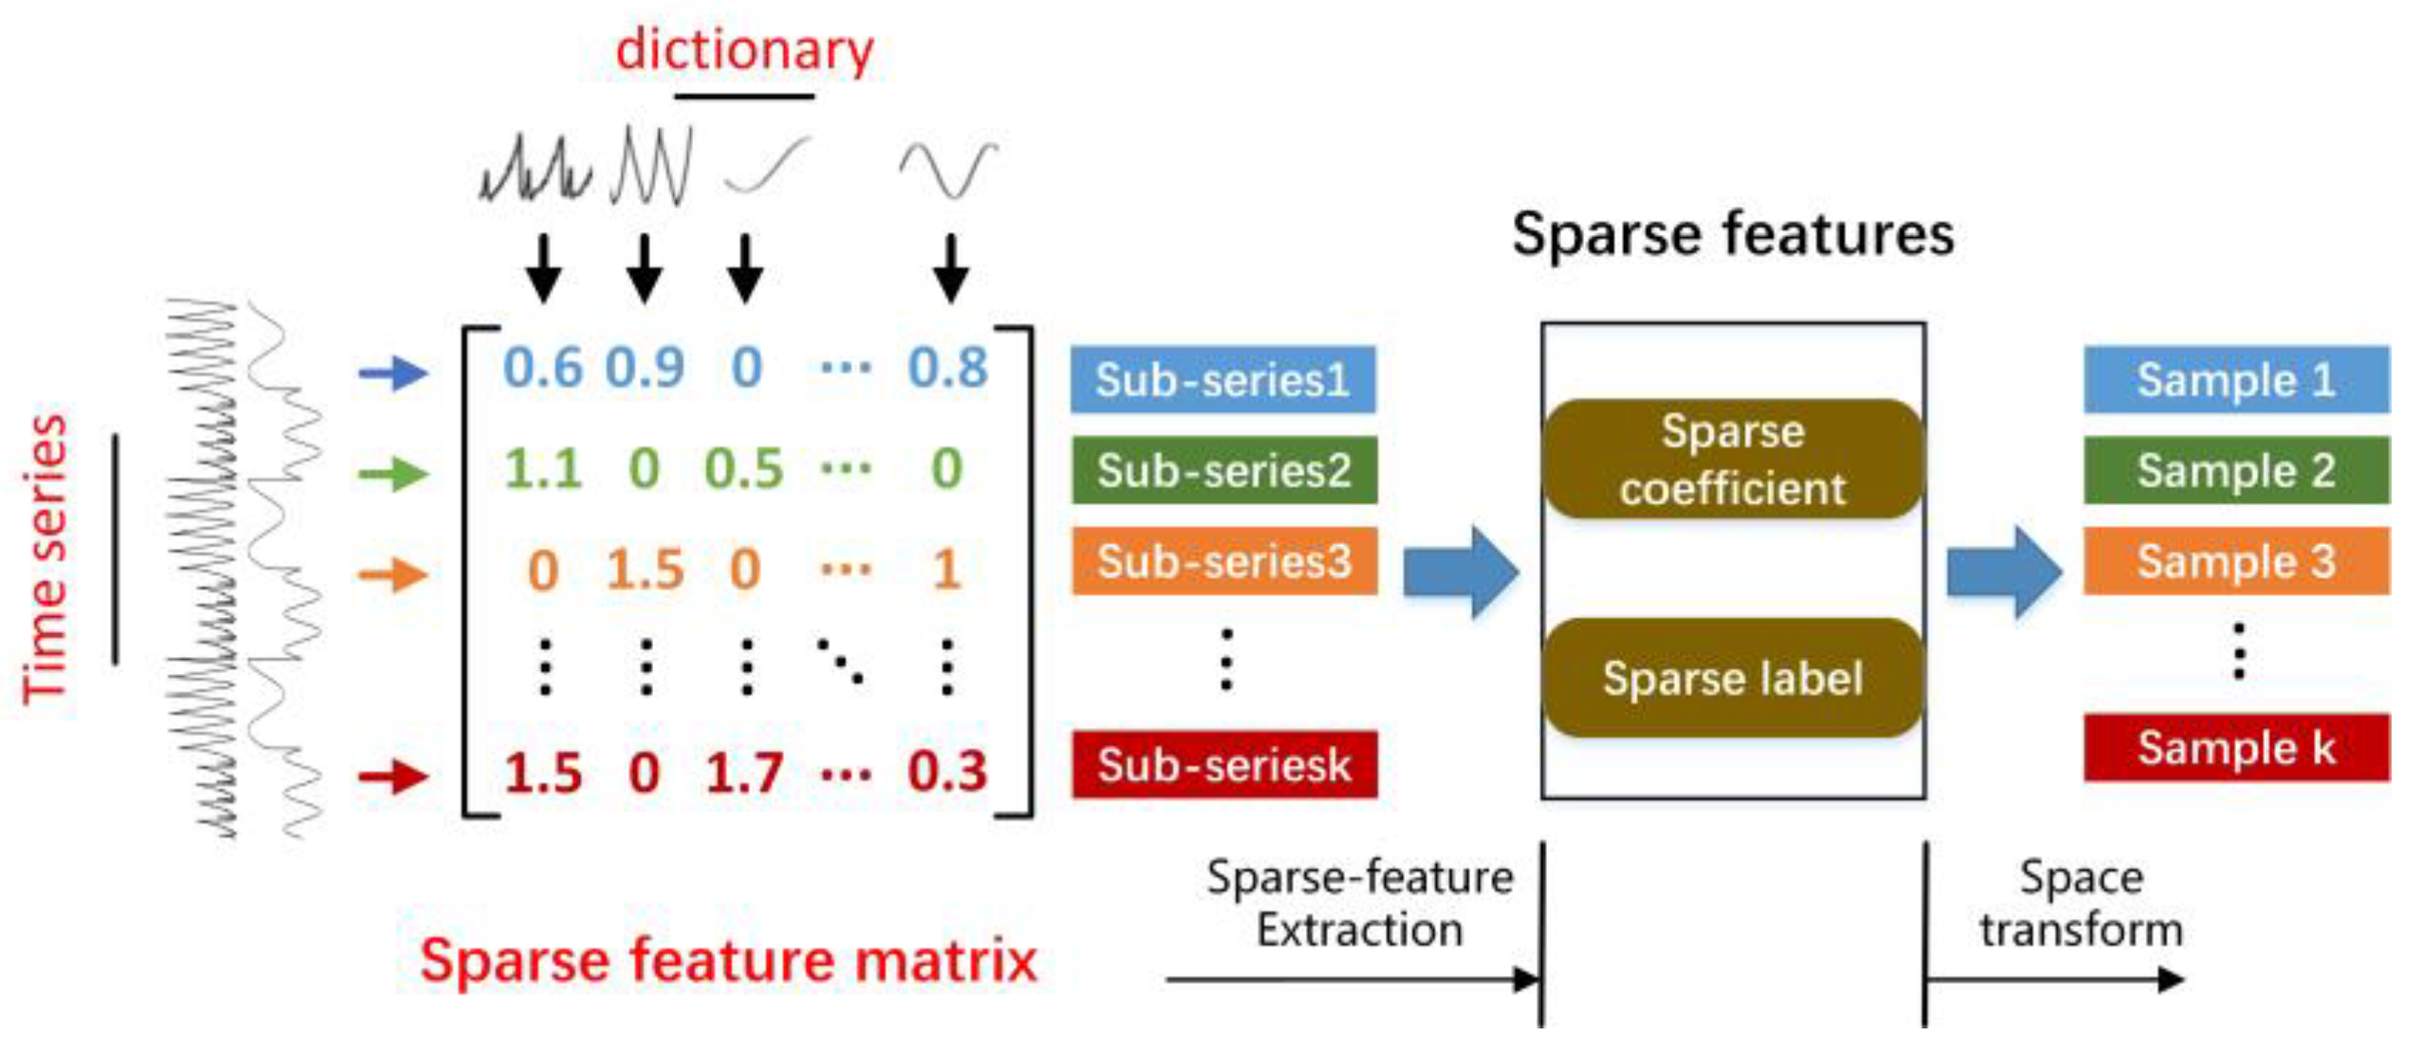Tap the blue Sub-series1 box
(x=1223, y=379)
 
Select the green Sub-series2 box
(x=1224, y=470)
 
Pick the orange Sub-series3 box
(x=1224, y=561)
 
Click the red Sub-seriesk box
(x=1224, y=764)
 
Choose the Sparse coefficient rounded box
(x=1733, y=460)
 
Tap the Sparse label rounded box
(x=1733, y=678)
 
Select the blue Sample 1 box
(x=2236, y=379)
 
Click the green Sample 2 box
(x=2236, y=470)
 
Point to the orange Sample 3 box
(x=2236, y=561)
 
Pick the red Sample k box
(x=2236, y=748)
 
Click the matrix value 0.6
(x=543, y=368)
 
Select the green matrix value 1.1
(x=543, y=469)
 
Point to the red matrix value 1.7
(x=745, y=773)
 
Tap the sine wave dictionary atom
(x=948, y=171)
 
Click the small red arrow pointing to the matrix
(x=393, y=777)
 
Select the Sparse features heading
(x=1733, y=234)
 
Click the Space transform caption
(x=2082, y=903)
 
